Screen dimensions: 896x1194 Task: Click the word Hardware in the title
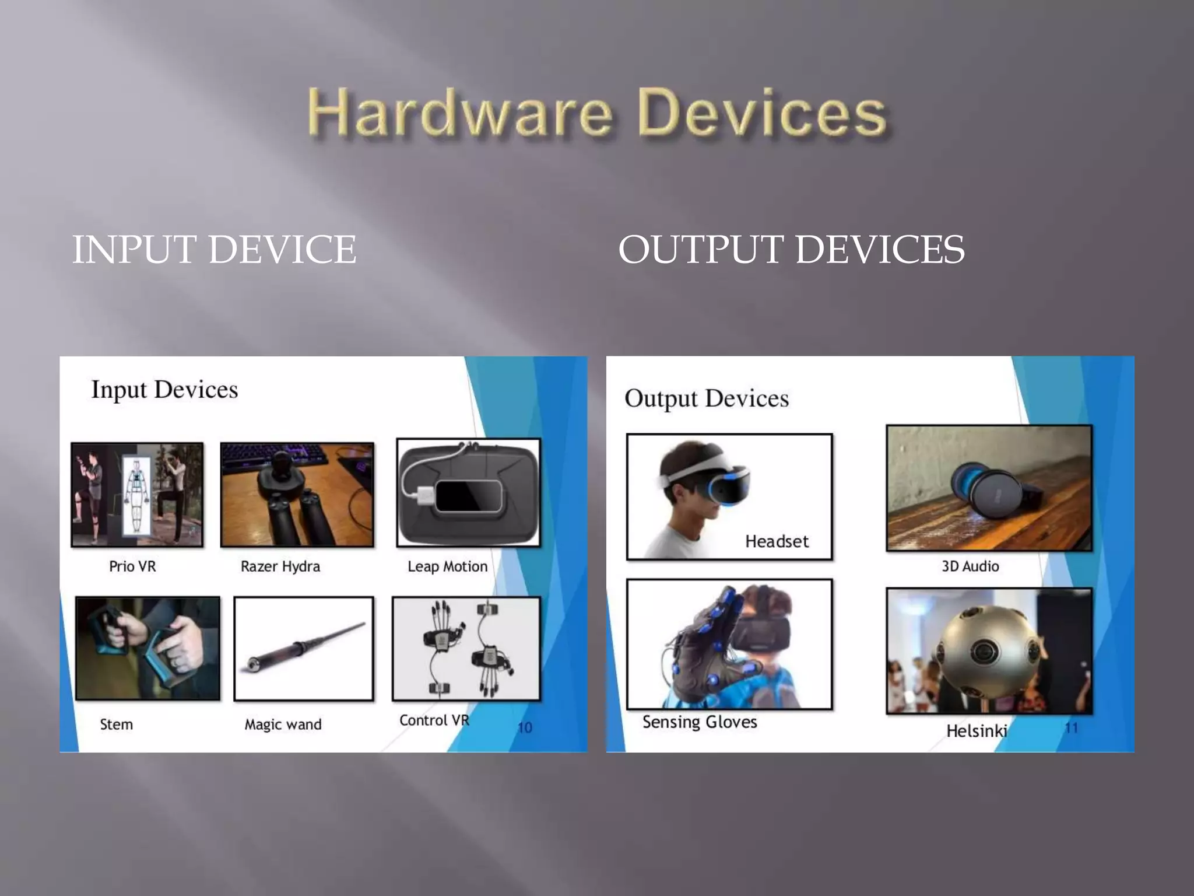[x=459, y=112]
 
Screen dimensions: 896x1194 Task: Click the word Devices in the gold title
[x=763, y=112]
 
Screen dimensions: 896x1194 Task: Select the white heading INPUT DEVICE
[x=214, y=250]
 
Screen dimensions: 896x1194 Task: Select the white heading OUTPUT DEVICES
[x=791, y=250]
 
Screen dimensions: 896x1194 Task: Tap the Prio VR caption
[x=132, y=566]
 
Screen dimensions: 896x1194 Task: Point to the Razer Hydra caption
[x=280, y=566]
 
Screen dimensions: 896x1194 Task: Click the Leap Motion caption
[x=447, y=566]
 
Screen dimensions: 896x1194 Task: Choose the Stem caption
[x=116, y=724]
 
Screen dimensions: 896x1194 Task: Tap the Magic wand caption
[x=283, y=724]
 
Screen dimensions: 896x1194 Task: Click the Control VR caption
[x=434, y=720]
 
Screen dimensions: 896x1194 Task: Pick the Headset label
[x=777, y=541]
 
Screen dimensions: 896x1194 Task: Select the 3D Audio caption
[x=970, y=566]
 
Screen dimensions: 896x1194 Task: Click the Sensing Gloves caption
[x=700, y=722]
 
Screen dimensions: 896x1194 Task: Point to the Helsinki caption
[x=977, y=731]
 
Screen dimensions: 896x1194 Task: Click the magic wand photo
[x=303, y=647]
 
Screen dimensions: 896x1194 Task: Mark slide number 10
[x=525, y=727]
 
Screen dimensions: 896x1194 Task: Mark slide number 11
[x=1071, y=727]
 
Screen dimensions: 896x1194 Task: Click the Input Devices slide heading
[x=164, y=390]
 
